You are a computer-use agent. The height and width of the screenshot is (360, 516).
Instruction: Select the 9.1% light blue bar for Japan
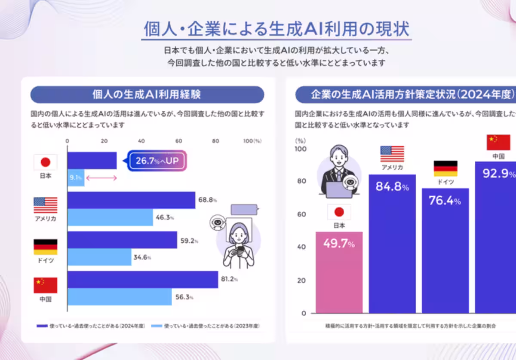[x=76, y=178]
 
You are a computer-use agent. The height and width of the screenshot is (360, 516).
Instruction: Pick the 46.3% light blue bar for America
[x=110, y=218]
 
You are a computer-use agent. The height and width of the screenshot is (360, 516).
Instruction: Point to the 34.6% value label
[x=143, y=258]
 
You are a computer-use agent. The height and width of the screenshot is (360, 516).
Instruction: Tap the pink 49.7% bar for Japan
[x=339, y=273]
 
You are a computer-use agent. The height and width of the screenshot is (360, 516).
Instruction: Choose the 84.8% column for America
[x=392, y=245]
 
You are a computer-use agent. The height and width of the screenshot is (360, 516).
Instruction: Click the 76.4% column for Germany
[x=445, y=251]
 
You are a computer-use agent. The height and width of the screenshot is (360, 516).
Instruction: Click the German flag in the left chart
[x=45, y=247]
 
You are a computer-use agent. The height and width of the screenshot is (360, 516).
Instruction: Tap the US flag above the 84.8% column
[x=392, y=153]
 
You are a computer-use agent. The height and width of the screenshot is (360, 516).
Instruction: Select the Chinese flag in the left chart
[x=45, y=285]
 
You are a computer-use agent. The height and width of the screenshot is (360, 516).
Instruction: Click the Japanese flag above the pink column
[x=339, y=212]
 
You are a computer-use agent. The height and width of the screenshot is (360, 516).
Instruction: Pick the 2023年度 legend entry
[x=206, y=326]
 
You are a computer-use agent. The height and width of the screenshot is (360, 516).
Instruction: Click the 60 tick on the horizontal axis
[x=178, y=140]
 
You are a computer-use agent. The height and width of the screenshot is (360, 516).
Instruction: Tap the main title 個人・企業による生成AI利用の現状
[x=277, y=30]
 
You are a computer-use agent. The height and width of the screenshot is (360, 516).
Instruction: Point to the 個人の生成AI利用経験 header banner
[x=147, y=95]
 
